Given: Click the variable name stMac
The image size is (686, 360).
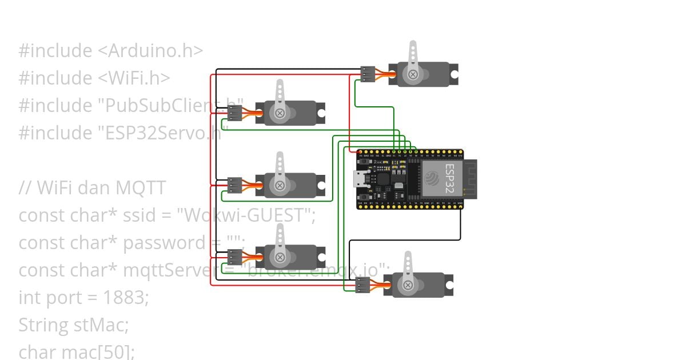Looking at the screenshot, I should [x=101, y=325].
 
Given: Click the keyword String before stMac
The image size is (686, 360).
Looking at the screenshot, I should [x=43, y=325].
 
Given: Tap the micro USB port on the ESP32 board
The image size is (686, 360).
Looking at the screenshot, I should [x=361, y=179].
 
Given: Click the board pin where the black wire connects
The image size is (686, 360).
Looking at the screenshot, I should [x=460, y=205].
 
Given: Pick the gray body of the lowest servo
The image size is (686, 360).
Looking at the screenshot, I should [x=426, y=285].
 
